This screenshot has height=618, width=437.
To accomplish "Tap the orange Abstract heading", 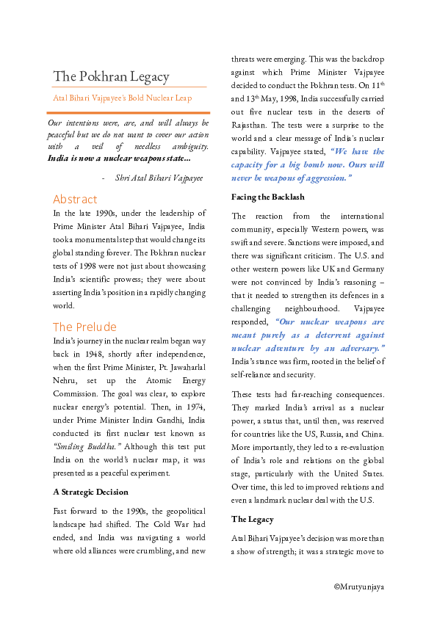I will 75,199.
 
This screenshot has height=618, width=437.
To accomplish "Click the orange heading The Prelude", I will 84,327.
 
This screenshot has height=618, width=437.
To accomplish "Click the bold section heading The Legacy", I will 253,519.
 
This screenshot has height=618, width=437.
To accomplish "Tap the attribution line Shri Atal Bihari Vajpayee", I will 159,178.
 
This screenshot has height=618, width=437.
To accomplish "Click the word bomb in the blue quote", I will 319,165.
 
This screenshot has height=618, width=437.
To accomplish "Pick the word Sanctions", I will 292,242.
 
